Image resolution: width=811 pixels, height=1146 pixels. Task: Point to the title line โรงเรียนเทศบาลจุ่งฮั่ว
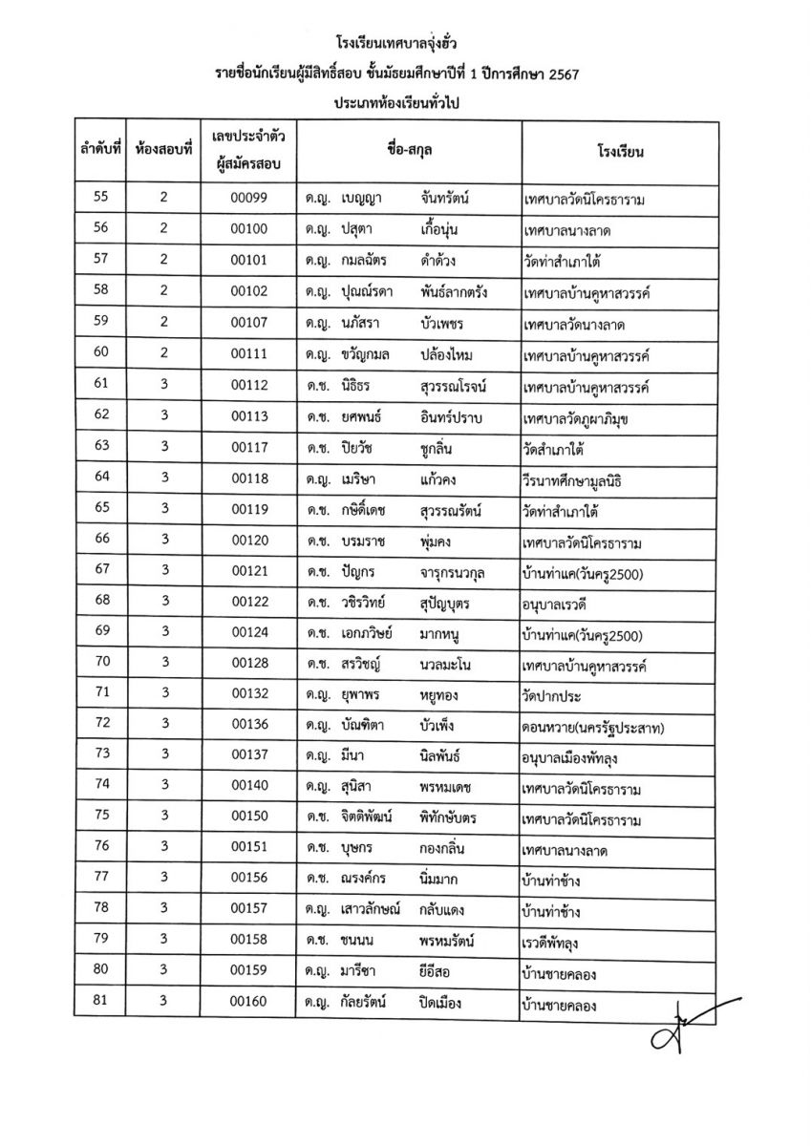(x=405, y=44)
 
